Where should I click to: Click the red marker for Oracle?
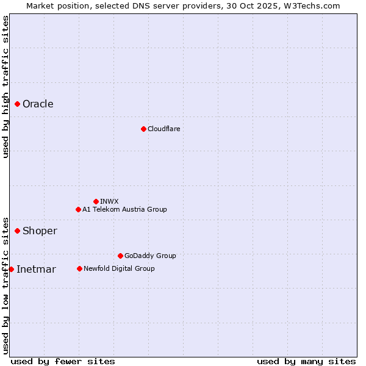pos(18,104)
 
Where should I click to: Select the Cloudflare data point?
pos(143,129)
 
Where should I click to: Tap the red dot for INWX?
pos(96,201)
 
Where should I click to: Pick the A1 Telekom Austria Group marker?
pos(78,209)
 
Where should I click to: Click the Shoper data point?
pos(18,231)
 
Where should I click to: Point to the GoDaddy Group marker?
pos(120,256)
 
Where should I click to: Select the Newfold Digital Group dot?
pos(79,268)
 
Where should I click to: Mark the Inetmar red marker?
pos(11,269)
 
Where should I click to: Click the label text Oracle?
pos(38,104)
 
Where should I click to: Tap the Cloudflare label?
pos(163,129)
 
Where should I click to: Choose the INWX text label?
pos(109,201)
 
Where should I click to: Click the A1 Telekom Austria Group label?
pos(124,209)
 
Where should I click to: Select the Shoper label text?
pos(40,231)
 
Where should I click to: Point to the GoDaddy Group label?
pos(150,256)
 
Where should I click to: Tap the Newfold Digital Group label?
pos(119,268)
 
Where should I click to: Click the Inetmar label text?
pos(36,270)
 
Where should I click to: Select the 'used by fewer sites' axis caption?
pos(63,361)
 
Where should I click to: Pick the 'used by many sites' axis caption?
pos(306,361)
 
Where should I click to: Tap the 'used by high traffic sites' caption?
pos(5,87)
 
